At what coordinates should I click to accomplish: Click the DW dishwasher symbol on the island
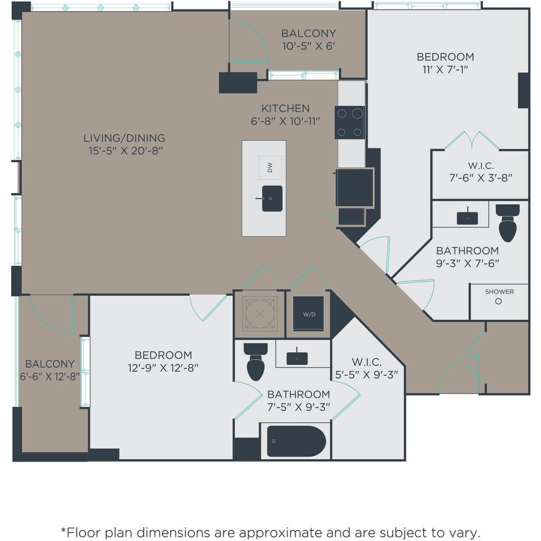(270, 167)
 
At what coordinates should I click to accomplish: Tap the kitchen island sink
(272, 199)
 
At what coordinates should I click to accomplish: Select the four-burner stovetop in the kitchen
(350, 123)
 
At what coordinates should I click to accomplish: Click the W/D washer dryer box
(309, 314)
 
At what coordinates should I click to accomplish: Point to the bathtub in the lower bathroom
(296, 441)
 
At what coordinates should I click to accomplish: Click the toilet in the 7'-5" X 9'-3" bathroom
(256, 361)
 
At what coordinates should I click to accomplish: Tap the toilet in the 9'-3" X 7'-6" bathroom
(508, 223)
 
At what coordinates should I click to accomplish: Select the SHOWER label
(499, 292)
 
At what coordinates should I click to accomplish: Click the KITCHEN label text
(285, 108)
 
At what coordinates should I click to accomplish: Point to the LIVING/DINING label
(124, 138)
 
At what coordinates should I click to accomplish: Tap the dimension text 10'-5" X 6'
(309, 46)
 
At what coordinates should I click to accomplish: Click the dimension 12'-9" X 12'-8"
(163, 368)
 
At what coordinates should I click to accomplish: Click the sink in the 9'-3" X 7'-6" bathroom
(468, 218)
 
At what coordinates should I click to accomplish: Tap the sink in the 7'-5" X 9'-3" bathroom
(297, 358)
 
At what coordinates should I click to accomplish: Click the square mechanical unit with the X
(260, 314)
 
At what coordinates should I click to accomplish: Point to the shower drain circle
(498, 301)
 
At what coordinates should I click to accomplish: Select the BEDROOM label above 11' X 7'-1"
(445, 57)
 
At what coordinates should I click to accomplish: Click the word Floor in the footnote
(84, 532)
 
